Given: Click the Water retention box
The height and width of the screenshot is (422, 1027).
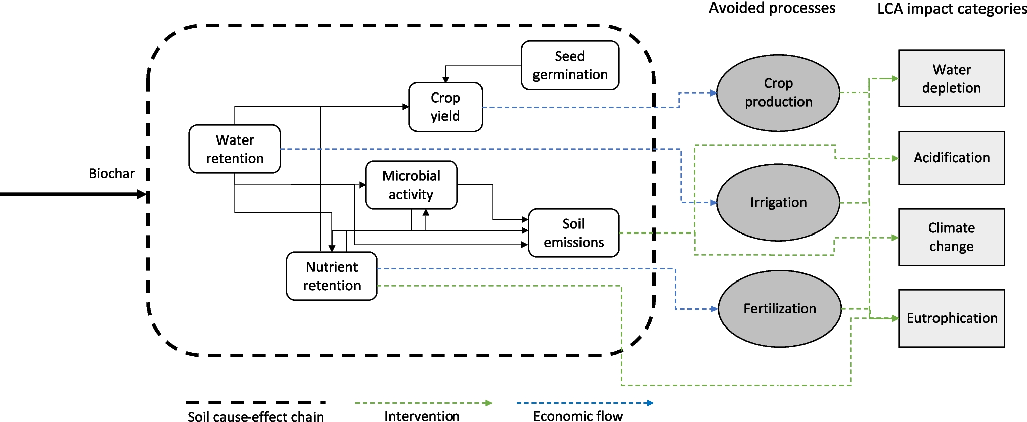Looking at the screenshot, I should click(235, 149).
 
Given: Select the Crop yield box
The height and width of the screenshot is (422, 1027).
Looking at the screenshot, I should click(445, 107).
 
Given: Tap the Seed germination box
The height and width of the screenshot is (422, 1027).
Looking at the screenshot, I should click(570, 66).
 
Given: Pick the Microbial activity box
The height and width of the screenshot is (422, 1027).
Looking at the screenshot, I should click(411, 185).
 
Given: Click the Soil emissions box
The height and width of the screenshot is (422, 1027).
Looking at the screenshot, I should click(573, 233).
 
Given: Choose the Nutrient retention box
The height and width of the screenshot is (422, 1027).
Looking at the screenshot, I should click(332, 276).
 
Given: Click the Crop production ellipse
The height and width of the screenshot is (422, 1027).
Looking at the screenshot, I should click(778, 93).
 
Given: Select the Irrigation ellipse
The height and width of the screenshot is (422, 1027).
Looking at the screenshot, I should click(778, 202).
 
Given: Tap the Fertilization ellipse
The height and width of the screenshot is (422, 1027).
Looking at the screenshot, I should click(779, 308).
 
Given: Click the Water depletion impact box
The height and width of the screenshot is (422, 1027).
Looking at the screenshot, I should click(951, 78).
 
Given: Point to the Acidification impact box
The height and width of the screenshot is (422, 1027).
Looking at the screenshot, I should click(951, 158).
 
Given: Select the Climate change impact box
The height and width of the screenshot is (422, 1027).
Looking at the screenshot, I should click(951, 237).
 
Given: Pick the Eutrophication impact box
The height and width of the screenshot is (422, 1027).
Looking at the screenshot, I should click(951, 318).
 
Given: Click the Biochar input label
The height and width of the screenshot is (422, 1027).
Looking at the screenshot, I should click(112, 174).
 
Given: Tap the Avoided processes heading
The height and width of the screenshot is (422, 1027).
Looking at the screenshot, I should click(772, 8).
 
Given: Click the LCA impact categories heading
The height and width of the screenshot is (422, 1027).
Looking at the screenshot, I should click(952, 9).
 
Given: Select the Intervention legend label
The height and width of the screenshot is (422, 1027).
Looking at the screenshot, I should click(422, 416).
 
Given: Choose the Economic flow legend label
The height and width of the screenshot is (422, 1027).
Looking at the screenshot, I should click(577, 416).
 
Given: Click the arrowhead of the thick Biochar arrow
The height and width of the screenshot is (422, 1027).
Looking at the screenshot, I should click(142, 194).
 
